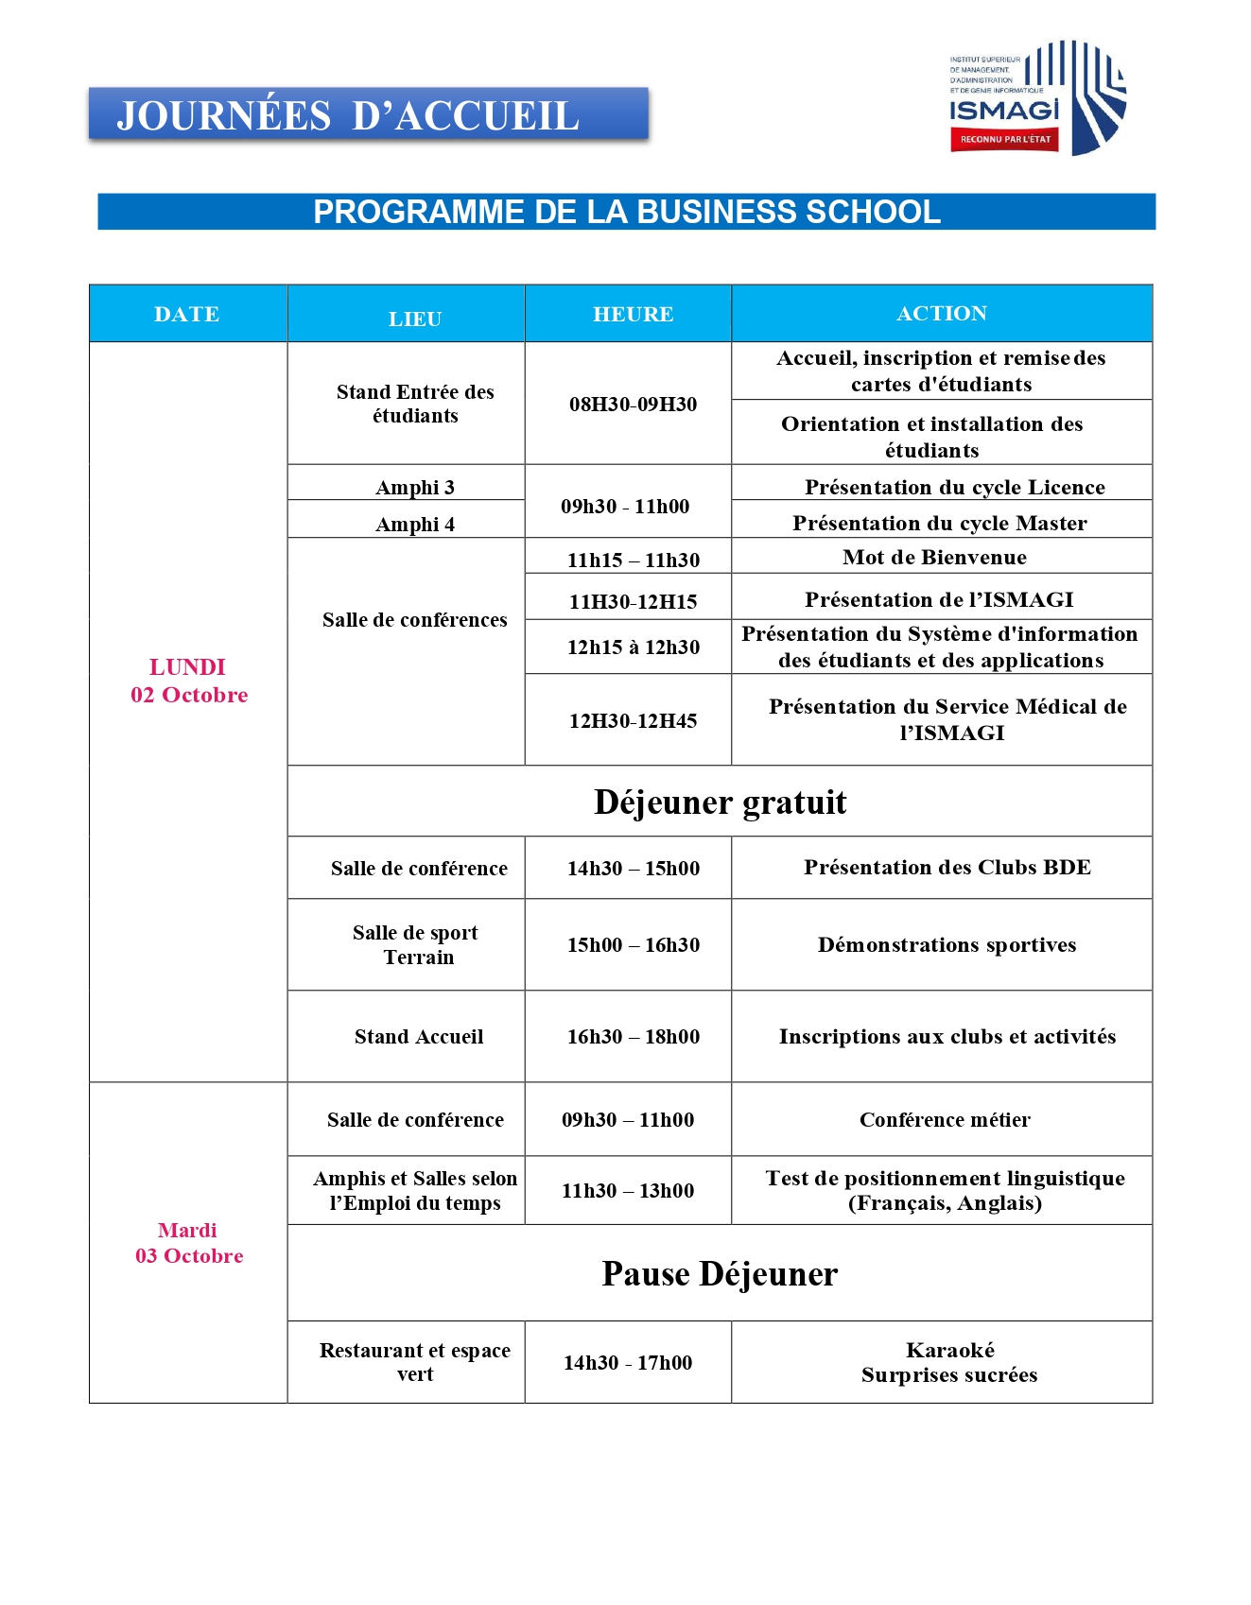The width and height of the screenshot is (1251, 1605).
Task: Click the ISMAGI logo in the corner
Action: coord(1037,98)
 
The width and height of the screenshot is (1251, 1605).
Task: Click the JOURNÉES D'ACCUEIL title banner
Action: coord(369,115)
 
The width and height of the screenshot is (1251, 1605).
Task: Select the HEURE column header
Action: coord(633,314)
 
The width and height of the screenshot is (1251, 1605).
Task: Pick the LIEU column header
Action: coord(415,319)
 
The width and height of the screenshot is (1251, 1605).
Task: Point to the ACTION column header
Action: coord(941,313)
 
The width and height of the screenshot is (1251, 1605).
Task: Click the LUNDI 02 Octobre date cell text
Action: coord(189,681)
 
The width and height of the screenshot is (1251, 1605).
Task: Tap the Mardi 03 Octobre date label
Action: coord(189,1242)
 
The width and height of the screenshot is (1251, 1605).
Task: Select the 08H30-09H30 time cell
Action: coord(633,404)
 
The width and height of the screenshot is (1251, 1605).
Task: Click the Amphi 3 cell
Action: coord(415,487)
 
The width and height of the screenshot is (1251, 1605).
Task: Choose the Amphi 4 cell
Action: coord(415,524)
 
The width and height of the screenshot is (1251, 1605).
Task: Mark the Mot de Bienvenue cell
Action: coord(934,557)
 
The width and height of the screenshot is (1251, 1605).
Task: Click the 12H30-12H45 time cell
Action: coord(633,720)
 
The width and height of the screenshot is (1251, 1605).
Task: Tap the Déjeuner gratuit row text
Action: coord(720,802)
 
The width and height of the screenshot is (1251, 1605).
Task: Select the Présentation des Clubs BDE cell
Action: coord(947,867)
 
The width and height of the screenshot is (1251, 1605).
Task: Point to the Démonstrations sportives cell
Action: coord(947,944)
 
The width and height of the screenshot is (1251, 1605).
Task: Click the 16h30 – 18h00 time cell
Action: coord(633,1036)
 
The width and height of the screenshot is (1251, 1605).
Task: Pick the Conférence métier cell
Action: coord(945,1119)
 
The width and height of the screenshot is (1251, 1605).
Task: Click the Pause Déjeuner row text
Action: coord(720,1273)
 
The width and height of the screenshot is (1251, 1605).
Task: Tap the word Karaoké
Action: coord(949,1350)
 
